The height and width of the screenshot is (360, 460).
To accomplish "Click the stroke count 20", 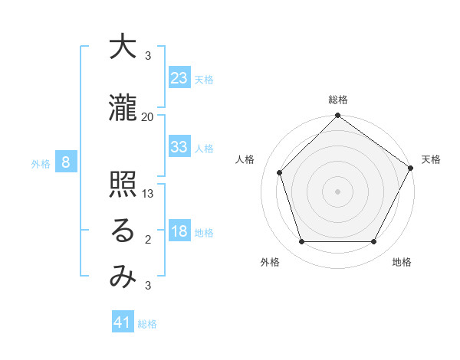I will click(x=148, y=116).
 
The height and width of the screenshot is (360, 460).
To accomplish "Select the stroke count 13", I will click(x=148, y=195).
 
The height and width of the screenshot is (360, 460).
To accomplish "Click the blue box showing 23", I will click(x=179, y=77).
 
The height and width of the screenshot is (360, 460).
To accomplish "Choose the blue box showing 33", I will click(x=179, y=147).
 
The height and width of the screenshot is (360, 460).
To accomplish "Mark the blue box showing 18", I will click(x=179, y=231).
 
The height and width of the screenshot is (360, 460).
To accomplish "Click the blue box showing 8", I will click(x=67, y=162).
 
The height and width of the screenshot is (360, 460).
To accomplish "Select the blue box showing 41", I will click(x=123, y=322).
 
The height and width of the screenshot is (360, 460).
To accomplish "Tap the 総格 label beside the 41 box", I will click(x=147, y=323).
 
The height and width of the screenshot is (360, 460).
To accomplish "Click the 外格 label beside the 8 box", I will click(x=41, y=163).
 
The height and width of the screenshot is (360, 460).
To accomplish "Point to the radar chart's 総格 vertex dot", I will click(x=337, y=116).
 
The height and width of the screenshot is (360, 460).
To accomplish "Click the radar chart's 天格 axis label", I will click(x=431, y=160).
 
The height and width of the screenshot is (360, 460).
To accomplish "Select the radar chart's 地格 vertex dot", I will click(x=373, y=242).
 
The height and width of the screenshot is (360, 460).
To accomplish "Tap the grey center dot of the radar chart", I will click(x=337, y=191).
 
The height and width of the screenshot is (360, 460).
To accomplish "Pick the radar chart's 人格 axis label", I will click(x=245, y=160).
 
